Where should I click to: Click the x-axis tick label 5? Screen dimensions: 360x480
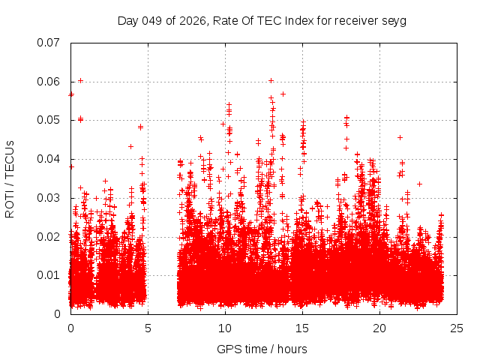148,328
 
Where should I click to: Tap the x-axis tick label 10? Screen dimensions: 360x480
225,328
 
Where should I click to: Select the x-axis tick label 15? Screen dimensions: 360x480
302,328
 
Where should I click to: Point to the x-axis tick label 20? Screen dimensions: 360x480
379,328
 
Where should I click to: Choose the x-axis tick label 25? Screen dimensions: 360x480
457,328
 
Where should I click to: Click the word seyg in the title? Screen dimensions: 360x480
393,20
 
